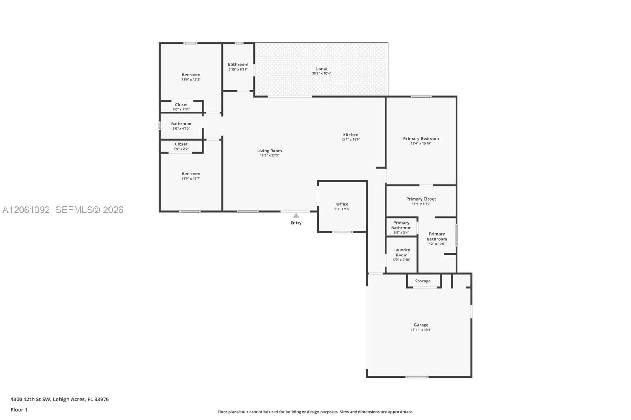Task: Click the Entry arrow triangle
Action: [x=296, y=216]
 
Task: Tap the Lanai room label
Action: [x=321, y=69]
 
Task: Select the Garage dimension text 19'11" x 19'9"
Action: [x=421, y=330]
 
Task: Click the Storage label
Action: [x=422, y=281]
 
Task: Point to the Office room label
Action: [x=342, y=204]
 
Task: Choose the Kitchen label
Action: [x=351, y=135]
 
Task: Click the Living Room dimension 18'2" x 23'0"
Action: [x=269, y=155]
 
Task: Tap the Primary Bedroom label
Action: [x=421, y=139]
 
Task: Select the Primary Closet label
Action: [x=421, y=199]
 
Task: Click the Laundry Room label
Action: [x=401, y=252]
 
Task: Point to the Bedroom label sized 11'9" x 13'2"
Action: [x=191, y=75]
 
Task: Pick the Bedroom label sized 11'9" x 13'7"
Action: [x=191, y=174]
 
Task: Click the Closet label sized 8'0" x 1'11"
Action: [x=181, y=105]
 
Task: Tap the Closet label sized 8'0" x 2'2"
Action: [x=181, y=144]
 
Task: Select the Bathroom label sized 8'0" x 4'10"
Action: [x=181, y=124]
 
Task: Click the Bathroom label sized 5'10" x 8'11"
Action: [x=238, y=65]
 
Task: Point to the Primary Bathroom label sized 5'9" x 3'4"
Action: [x=401, y=225]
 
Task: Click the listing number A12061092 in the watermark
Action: [x=26, y=210]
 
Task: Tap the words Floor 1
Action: [x=19, y=410]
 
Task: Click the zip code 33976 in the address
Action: [x=102, y=399]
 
